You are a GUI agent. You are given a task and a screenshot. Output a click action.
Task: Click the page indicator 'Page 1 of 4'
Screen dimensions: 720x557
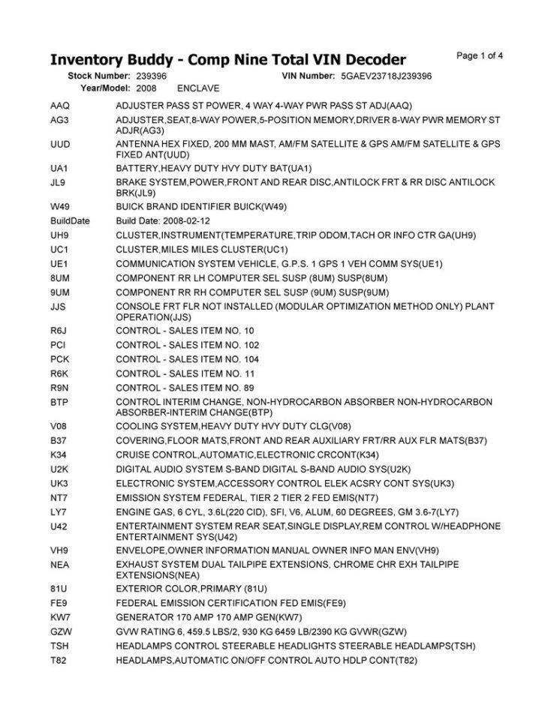(x=480, y=55)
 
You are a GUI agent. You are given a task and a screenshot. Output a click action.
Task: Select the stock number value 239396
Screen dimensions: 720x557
(x=152, y=76)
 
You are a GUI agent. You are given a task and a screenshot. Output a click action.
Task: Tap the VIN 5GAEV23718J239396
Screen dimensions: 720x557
(x=386, y=76)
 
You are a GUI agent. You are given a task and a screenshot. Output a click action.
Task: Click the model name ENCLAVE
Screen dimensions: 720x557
(x=198, y=88)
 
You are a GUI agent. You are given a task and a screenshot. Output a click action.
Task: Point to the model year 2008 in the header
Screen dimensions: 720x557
(x=146, y=88)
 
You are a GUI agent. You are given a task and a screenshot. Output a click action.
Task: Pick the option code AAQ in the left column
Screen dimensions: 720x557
(x=59, y=106)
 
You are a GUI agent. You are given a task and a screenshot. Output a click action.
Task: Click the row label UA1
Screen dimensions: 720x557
(x=59, y=168)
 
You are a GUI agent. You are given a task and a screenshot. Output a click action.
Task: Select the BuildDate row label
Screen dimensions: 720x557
(x=69, y=221)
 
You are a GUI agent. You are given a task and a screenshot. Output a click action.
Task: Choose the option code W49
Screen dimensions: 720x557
(x=59, y=206)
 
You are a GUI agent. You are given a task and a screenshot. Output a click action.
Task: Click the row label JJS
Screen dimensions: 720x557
(x=59, y=306)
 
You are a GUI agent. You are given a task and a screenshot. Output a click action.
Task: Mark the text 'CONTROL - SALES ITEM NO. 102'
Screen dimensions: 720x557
(x=187, y=345)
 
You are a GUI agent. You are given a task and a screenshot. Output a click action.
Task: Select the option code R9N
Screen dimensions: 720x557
(x=59, y=388)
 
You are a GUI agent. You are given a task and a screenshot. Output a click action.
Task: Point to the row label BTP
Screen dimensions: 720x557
(x=59, y=402)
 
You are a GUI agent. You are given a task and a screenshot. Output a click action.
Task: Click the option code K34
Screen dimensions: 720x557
(x=59, y=455)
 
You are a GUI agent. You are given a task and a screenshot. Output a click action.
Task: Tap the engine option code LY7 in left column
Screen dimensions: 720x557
(x=59, y=512)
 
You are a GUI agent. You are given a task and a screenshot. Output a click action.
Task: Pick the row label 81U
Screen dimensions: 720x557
(x=59, y=589)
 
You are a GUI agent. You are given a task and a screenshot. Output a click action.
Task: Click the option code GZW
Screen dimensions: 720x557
(x=60, y=631)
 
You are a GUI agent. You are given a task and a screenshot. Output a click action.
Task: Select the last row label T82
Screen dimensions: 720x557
(x=59, y=660)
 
